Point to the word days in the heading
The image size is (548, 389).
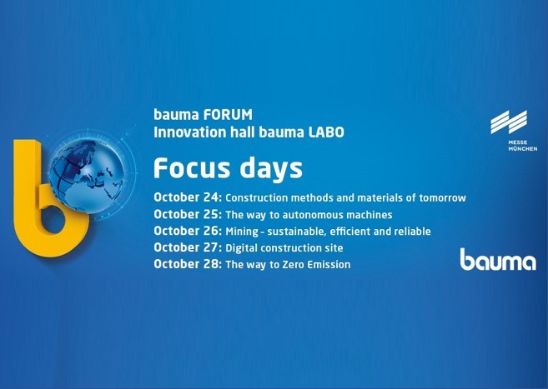tap(271, 169)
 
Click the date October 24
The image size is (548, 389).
tap(188, 197)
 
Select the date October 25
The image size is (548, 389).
tap(188, 214)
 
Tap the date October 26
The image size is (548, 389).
tap(188, 231)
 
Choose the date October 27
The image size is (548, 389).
tap(188, 247)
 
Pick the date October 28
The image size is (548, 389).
tap(188, 264)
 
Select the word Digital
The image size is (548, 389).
tap(242, 248)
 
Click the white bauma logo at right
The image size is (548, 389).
tap(498, 260)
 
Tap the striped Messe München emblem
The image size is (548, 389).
tap(509, 122)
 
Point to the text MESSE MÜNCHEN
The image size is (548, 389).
tap(523, 146)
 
